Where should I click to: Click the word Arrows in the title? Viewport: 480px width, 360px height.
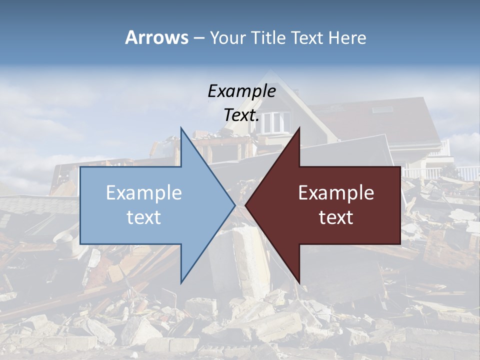(156, 37)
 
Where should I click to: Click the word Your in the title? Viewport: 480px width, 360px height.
(228, 38)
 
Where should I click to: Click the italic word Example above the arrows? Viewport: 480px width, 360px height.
(241, 91)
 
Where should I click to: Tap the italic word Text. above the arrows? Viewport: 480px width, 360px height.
(241, 115)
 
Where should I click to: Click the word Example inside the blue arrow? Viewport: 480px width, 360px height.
(144, 193)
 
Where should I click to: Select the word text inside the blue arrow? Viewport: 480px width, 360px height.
(144, 217)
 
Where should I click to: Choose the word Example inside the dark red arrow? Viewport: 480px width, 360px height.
(336, 193)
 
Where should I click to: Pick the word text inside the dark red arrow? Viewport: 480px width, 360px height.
(336, 217)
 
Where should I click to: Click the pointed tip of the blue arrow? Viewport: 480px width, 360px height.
(234, 205)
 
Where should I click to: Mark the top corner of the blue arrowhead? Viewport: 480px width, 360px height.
(181, 128)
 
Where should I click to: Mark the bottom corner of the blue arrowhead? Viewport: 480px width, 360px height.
(181, 282)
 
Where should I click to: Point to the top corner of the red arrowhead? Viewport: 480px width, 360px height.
(299, 128)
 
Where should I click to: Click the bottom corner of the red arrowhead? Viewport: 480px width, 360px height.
(299, 282)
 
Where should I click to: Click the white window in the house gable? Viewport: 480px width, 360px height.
(276, 121)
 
